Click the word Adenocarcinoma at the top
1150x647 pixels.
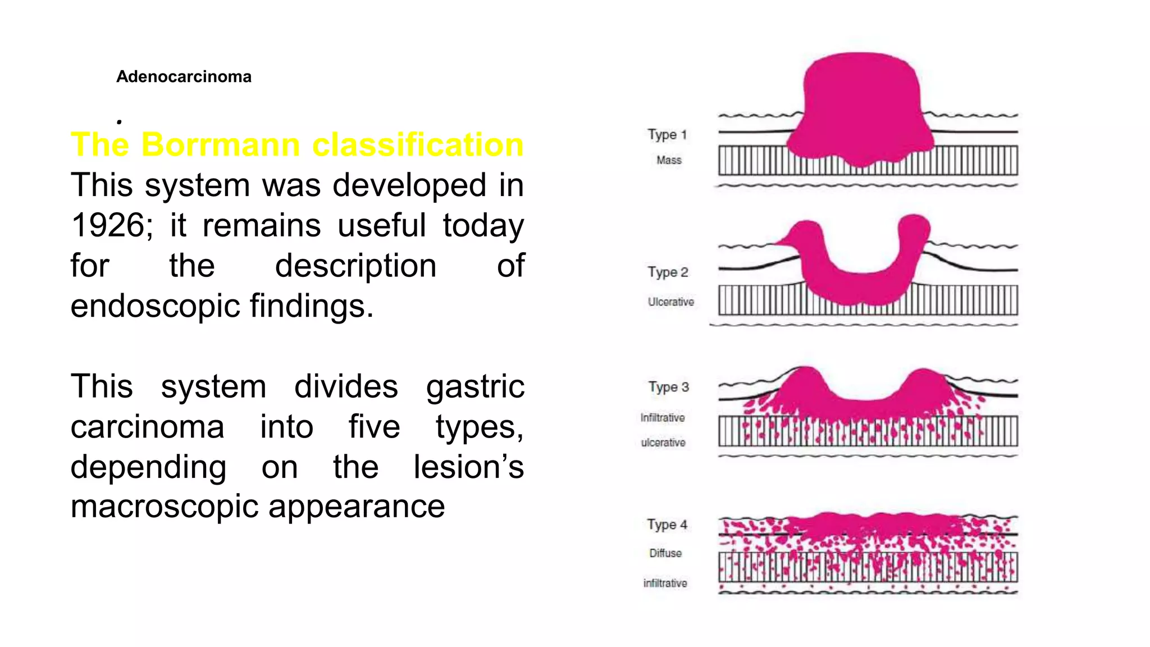184,76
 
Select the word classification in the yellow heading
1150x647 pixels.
418,144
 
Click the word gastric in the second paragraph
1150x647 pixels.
475,387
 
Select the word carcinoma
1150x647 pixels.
147,427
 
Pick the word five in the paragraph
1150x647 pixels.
374,427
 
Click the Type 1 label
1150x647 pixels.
667,135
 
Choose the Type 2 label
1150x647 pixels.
668,272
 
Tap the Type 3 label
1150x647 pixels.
668,388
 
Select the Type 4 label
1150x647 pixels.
667,525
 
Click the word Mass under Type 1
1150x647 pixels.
669,160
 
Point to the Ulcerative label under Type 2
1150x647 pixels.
670,302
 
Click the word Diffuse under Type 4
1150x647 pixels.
665,553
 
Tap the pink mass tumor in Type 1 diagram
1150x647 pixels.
861,107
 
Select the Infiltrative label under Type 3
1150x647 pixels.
663,418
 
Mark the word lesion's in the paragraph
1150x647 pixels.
468,467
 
